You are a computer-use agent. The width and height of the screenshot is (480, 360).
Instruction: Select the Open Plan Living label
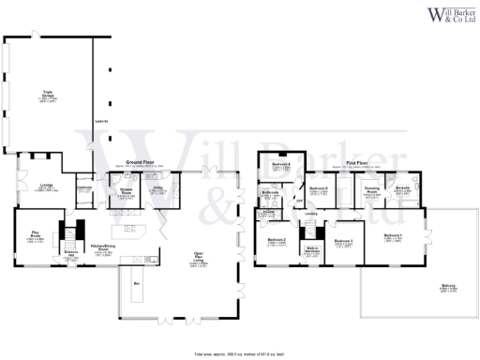(199, 259)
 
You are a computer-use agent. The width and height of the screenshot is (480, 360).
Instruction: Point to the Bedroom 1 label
(394, 235)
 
